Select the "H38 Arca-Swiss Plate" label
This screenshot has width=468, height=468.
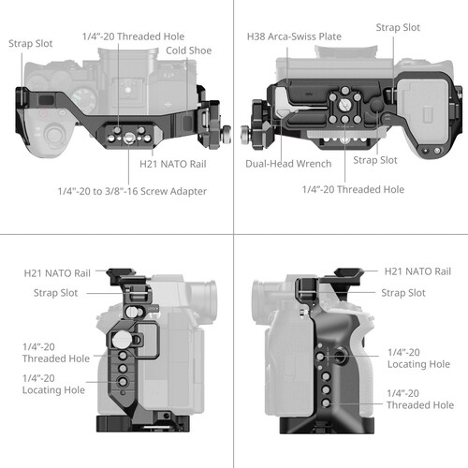(294, 37)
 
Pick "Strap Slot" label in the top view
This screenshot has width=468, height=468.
(31, 43)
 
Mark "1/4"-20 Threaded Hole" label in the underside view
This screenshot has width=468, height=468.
(353, 189)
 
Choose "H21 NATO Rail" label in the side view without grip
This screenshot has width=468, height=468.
(57, 273)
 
